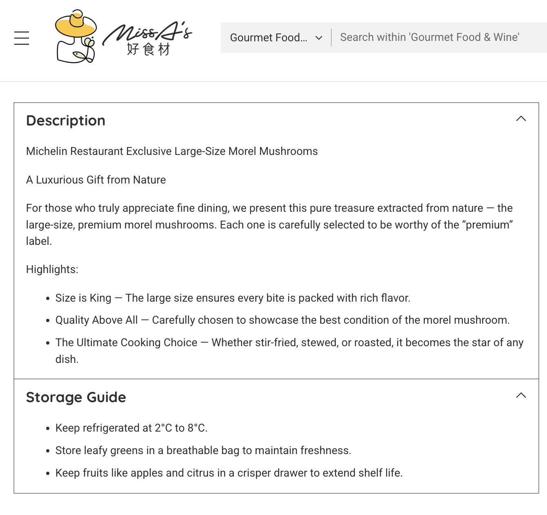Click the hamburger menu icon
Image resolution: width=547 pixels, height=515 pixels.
point(22,38)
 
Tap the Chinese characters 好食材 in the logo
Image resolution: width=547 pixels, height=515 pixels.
point(148,49)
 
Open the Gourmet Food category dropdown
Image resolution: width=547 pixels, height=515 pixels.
point(276,38)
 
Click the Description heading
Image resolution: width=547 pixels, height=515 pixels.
point(66,121)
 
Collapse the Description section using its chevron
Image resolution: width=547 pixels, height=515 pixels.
point(521,119)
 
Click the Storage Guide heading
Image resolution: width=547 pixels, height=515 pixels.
point(76,397)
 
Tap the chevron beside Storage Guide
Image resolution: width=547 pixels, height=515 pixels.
point(521,395)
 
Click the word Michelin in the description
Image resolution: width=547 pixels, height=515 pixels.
point(47,151)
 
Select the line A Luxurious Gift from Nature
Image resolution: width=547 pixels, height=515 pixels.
point(96,180)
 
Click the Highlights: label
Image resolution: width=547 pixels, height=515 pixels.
point(52,269)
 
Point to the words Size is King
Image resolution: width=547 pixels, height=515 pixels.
point(83,298)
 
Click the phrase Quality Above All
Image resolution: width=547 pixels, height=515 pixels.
point(96,320)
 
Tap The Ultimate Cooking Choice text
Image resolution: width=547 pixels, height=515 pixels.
point(126,343)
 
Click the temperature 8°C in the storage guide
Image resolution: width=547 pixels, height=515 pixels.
point(197,428)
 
